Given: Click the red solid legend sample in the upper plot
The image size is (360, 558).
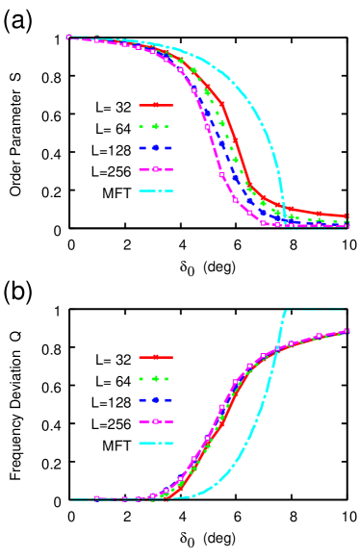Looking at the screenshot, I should (x=155, y=105).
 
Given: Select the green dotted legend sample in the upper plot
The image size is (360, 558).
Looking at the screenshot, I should (x=155, y=126).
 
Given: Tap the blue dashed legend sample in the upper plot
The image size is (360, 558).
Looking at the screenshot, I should (x=155, y=148).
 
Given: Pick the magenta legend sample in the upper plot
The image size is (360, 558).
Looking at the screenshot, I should (x=155, y=169).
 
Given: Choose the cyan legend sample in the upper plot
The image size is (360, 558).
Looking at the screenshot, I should (x=155, y=190).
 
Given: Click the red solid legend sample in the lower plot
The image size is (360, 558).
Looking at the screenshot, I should (x=155, y=357).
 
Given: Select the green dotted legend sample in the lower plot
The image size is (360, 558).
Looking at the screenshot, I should (x=155, y=378).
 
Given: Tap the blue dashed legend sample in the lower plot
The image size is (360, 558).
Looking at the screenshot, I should (x=155, y=400).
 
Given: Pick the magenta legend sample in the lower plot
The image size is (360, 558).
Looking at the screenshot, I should (x=155, y=421).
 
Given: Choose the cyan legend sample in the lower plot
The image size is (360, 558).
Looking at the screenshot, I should (x=155, y=444).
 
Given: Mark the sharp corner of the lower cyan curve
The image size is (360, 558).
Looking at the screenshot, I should (x=286, y=311).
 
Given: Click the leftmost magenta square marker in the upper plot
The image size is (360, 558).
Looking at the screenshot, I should (x=69, y=38).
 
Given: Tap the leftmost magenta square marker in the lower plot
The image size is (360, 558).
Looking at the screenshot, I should (x=96, y=498).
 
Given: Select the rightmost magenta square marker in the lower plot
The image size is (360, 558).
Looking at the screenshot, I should (x=347, y=331).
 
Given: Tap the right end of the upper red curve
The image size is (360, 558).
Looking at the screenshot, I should (x=347, y=216).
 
